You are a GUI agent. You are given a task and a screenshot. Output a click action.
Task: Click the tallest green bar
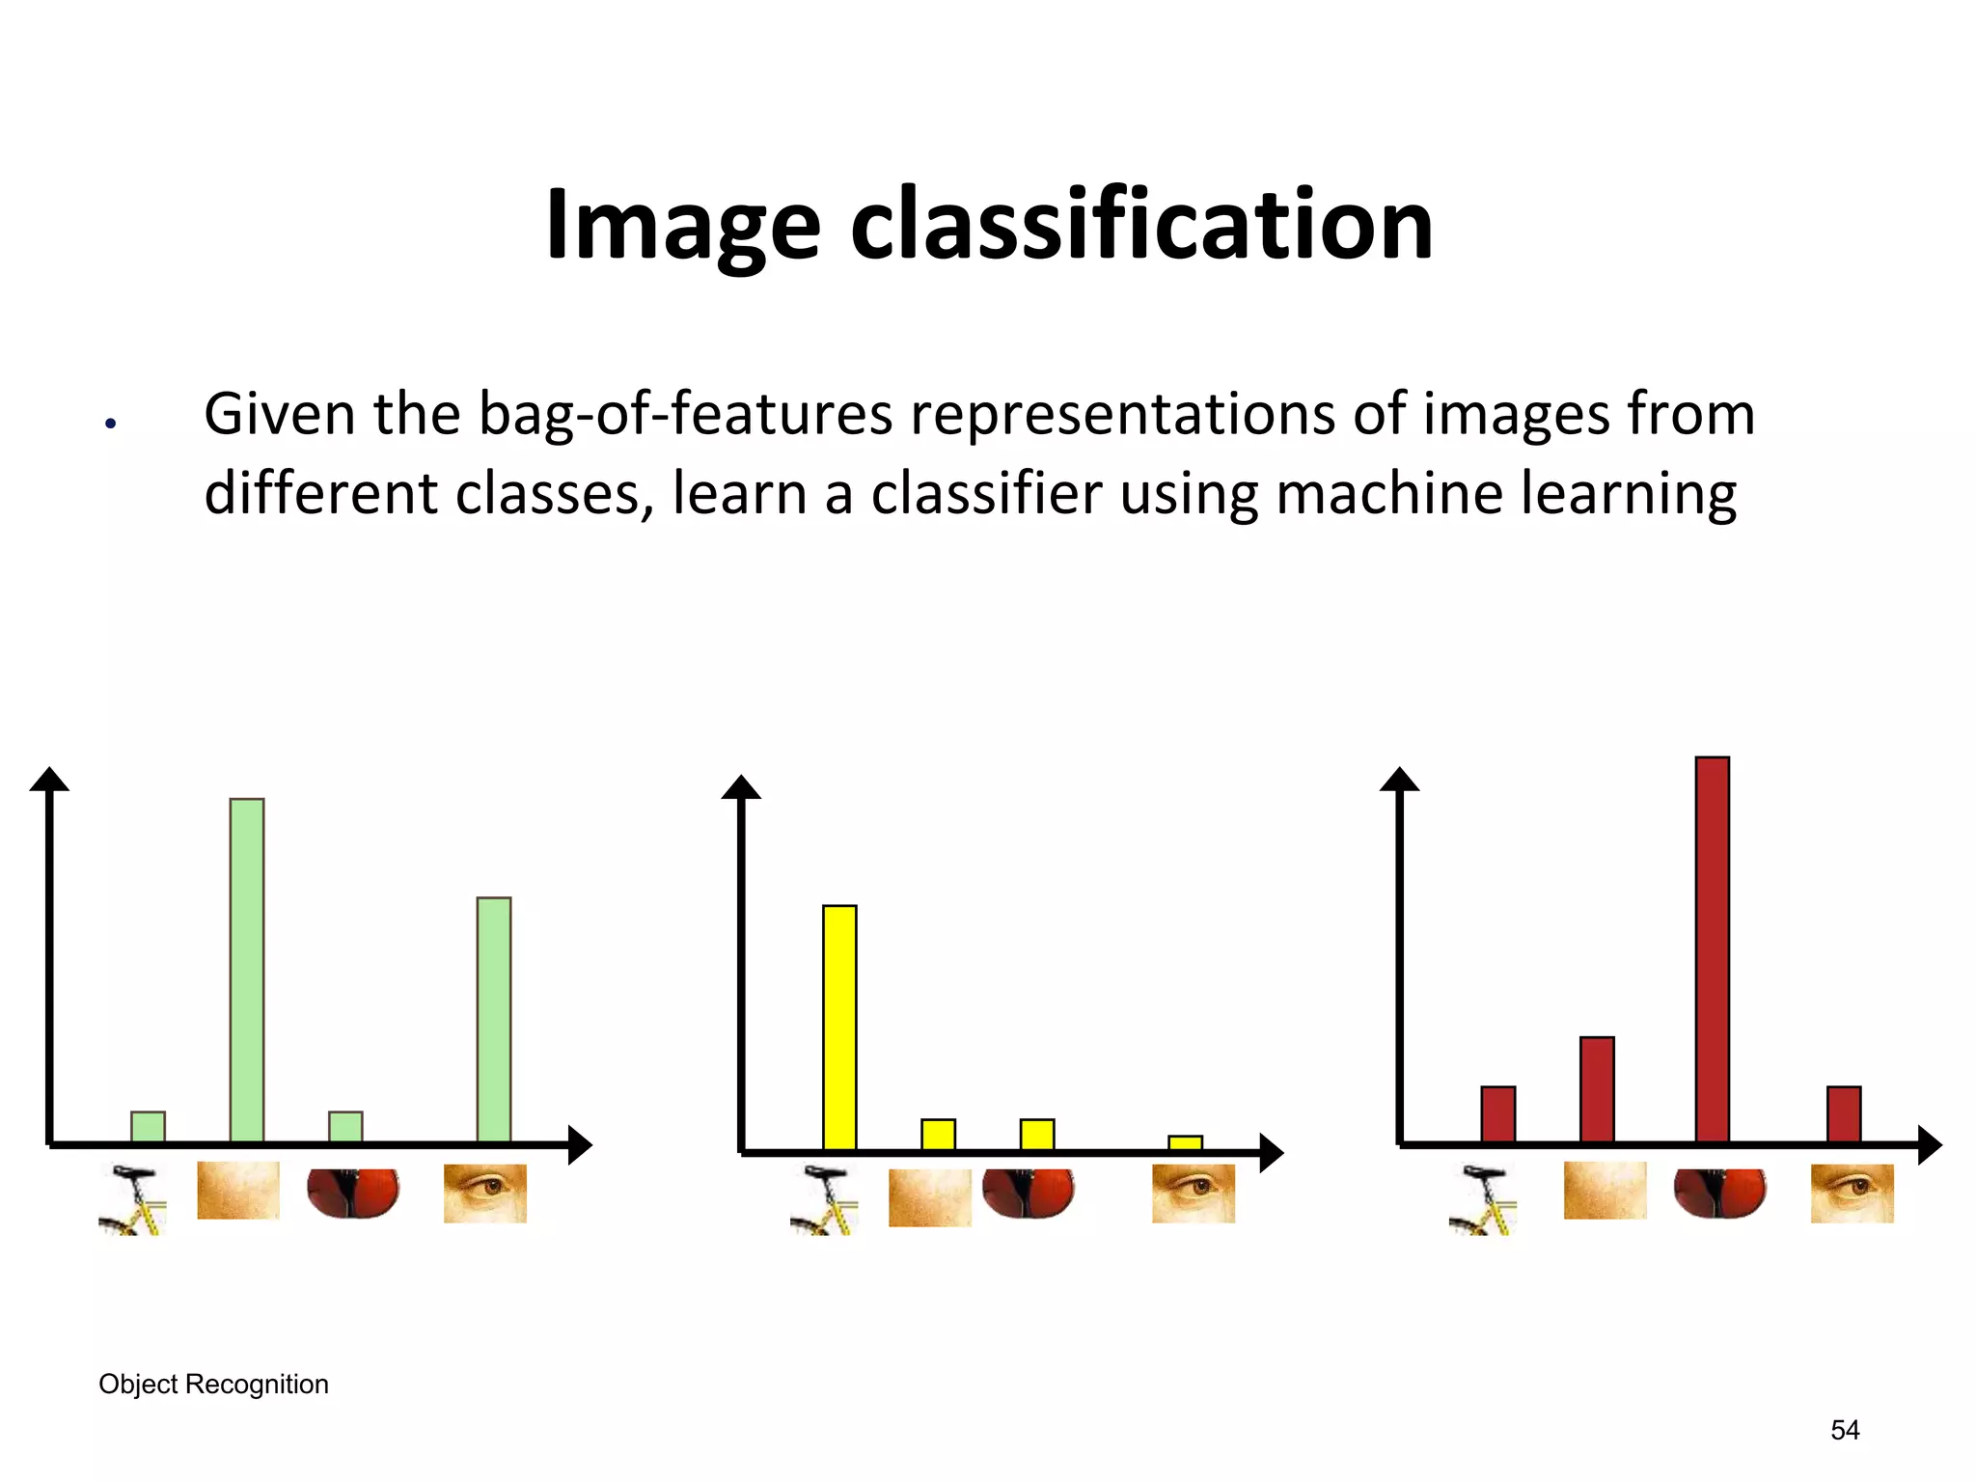(247, 970)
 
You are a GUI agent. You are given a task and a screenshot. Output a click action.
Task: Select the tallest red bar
(1712, 949)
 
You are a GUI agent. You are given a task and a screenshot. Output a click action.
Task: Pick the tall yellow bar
(839, 1027)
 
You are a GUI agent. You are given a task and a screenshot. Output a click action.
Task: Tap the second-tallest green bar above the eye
(494, 1020)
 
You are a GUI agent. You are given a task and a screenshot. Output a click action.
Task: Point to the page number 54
(1845, 1429)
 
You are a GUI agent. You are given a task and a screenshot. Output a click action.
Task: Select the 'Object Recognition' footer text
(213, 1384)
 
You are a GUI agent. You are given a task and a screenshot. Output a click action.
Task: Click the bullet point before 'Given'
(111, 423)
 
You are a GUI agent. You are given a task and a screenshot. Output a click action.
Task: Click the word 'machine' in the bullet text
(1389, 494)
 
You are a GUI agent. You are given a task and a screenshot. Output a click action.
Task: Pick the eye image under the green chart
(484, 1194)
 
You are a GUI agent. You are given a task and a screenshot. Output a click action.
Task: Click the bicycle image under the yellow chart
(823, 1200)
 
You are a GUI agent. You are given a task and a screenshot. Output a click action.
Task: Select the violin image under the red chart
(1719, 1194)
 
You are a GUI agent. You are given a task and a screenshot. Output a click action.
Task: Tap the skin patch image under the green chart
(238, 1190)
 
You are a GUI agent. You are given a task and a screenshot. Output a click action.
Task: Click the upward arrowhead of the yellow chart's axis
(741, 787)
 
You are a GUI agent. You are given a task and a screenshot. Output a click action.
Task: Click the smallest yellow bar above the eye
(1185, 1142)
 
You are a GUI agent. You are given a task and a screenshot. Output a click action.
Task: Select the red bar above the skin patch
(1597, 1089)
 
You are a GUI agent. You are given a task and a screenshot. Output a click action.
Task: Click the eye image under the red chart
(1852, 1194)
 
